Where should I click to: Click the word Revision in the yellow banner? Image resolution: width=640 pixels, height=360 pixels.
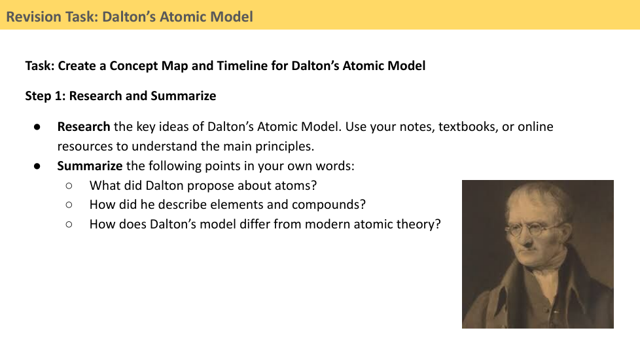click(x=33, y=17)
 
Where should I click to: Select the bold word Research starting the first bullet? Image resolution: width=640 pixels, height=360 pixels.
click(x=84, y=126)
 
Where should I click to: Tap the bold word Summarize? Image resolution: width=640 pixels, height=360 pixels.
click(x=90, y=166)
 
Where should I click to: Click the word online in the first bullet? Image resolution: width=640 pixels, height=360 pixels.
click(x=535, y=126)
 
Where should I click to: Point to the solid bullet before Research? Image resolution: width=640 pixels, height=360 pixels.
click(x=37, y=127)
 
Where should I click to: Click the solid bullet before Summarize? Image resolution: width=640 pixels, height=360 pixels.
click(x=37, y=166)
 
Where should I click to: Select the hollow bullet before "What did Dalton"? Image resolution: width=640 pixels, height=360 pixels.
click(x=69, y=186)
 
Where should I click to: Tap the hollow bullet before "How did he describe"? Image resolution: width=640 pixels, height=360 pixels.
click(x=69, y=204)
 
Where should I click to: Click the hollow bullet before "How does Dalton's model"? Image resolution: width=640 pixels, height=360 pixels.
click(x=69, y=224)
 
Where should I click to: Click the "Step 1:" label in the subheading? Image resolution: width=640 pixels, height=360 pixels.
click(x=45, y=96)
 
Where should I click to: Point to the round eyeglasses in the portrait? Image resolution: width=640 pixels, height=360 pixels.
click(x=529, y=228)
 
